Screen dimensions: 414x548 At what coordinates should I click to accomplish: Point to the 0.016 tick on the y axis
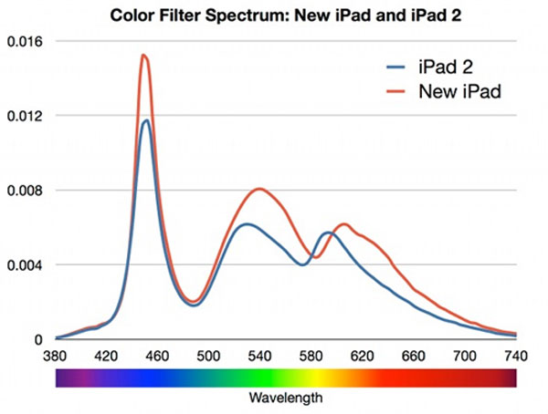(24, 42)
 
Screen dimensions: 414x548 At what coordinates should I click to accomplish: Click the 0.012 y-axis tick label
(24, 116)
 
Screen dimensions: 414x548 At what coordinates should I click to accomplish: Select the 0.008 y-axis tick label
(24, 191)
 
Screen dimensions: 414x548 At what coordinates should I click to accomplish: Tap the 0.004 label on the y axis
(24, 265)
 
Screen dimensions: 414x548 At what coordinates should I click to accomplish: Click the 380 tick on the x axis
(56, 357)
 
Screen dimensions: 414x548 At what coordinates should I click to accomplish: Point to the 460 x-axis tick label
(158, 357)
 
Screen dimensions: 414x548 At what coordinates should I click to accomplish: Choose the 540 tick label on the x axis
(260, 357)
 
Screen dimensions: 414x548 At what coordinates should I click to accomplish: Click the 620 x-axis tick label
(363, 357)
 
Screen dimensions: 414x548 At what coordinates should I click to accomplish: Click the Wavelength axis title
(285, 398)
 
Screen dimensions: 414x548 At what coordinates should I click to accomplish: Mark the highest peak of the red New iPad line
(143, 56)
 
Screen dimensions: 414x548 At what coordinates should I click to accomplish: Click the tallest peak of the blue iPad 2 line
(145, 120)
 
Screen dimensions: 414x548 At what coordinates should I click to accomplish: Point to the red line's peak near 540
(260, 189)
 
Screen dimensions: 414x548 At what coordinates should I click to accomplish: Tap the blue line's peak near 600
(327, 233)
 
